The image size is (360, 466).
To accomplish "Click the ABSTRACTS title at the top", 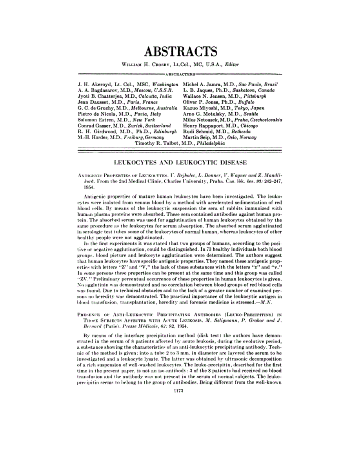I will pos(180,52).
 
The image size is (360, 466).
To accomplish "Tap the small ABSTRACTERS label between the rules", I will pos(180,73).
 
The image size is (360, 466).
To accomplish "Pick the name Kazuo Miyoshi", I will pos(200,107).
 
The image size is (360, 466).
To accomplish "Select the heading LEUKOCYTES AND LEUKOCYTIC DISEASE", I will pos(180,161).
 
